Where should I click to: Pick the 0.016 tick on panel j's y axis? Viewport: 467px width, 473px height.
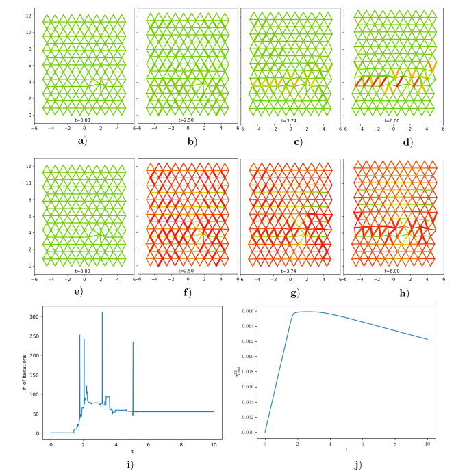(253, 311)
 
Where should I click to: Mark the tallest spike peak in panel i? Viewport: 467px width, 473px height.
(103, 312)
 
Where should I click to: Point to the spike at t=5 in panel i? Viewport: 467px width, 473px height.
(133, 342)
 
